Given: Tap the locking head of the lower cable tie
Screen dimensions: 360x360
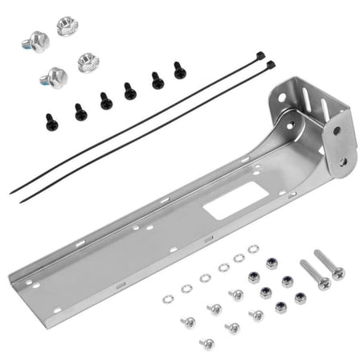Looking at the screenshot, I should pos(270,63).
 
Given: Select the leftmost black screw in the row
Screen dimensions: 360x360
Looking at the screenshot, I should pos(51,121).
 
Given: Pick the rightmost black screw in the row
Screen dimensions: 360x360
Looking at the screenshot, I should pos(179,70).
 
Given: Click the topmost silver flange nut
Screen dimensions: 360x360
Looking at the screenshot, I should pos(67,26).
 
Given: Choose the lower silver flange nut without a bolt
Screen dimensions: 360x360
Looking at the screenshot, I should pos(88,61).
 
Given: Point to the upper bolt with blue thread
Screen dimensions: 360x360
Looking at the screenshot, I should pos(36,40).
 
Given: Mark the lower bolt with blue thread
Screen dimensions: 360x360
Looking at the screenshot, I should pos(54,78).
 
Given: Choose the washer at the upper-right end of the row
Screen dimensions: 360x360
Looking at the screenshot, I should pos(254,250).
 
